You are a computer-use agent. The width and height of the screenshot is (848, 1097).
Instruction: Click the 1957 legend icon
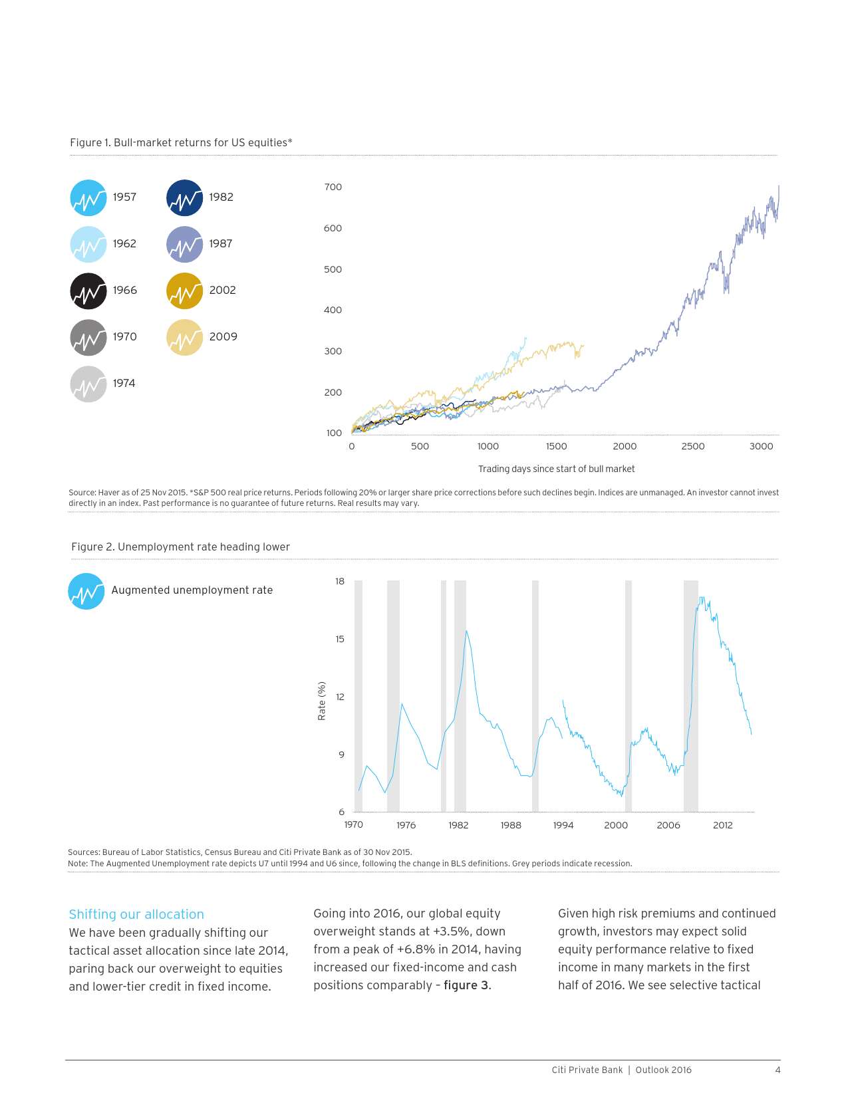[88, 198]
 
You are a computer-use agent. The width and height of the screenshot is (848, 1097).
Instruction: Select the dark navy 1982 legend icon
[184, 198]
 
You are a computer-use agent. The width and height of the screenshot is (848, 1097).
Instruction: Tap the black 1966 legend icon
[88, 291]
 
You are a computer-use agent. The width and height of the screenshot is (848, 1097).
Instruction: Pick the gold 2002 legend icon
[184, 291]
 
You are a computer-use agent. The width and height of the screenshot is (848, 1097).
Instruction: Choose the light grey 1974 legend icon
[88, 384]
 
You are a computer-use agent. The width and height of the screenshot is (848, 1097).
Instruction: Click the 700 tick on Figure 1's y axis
[333, 187]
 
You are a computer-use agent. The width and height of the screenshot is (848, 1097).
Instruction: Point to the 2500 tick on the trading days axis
[692, 446]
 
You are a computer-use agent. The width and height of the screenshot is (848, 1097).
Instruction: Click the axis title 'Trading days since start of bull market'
[556, 469]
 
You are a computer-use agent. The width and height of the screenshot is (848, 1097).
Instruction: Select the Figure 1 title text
[181, 142]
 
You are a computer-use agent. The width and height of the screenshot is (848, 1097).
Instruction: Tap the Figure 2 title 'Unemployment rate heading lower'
[180, 547]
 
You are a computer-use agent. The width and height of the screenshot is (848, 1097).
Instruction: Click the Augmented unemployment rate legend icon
[86, 591]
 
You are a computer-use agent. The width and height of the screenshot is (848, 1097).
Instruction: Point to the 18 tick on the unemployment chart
[340, 581]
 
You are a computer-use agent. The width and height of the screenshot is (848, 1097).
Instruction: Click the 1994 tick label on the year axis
[563, 825]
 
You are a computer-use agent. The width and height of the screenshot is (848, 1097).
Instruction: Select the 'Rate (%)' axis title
[322, 701]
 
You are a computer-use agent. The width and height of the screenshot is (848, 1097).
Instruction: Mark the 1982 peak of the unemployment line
[466, 631]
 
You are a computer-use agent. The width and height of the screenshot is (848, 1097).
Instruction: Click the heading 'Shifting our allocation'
[136, 914]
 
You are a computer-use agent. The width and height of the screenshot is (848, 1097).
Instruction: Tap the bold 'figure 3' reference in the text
[466, 985]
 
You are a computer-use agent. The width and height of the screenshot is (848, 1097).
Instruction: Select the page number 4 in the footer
[777, 1070]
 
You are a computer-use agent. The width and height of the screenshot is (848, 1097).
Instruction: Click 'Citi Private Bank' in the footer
[587, 1070]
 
